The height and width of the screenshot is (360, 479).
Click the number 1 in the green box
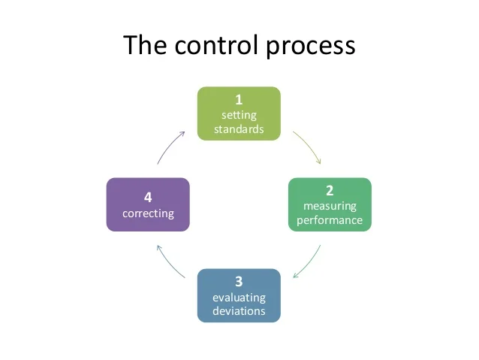point(239,100)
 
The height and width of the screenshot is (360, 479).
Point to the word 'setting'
point(239,115)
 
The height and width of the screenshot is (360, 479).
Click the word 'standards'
point(239,129)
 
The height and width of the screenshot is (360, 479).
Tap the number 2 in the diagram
point(330,191)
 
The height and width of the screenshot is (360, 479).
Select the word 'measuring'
point(330,206)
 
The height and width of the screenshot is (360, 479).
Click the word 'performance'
point(330,220)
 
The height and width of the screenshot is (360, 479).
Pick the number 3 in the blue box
point(239,282)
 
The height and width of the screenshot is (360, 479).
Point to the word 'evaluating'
point(239,297)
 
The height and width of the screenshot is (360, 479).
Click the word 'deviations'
point(239,310)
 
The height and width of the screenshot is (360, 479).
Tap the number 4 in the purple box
point(148,198)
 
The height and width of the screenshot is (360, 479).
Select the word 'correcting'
point(148,213)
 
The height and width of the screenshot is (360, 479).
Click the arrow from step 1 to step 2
point(309,147)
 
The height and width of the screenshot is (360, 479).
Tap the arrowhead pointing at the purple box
point(157,247)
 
